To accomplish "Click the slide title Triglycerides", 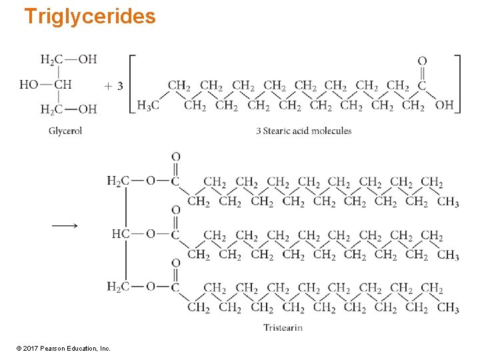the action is [x=89, y=16].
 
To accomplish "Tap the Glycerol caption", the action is [x=65, y=131].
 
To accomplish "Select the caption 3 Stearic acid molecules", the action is [x=303, y=131].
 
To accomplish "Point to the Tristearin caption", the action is [x=283, y=327].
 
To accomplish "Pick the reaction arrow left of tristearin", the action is [x=65, y=226].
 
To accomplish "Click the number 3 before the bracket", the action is [x=119, y=86].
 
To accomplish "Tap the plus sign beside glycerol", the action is [x=108, y=86].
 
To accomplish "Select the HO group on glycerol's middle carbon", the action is [x=29, y=85].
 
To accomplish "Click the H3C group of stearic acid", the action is [x=147, y=105].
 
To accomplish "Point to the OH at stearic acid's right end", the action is [x=445, y=105].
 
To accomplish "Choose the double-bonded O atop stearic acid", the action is [x=422, y=62].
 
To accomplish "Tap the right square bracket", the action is [x=457, y=83].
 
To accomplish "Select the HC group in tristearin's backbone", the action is [x=121, y=234].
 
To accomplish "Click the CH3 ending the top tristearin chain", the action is [x=448, y=202].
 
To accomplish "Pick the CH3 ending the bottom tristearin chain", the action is [x=448, y=308].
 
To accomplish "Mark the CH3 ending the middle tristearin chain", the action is [x=448, y=255].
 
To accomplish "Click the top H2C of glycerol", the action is [x=51, y=60].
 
